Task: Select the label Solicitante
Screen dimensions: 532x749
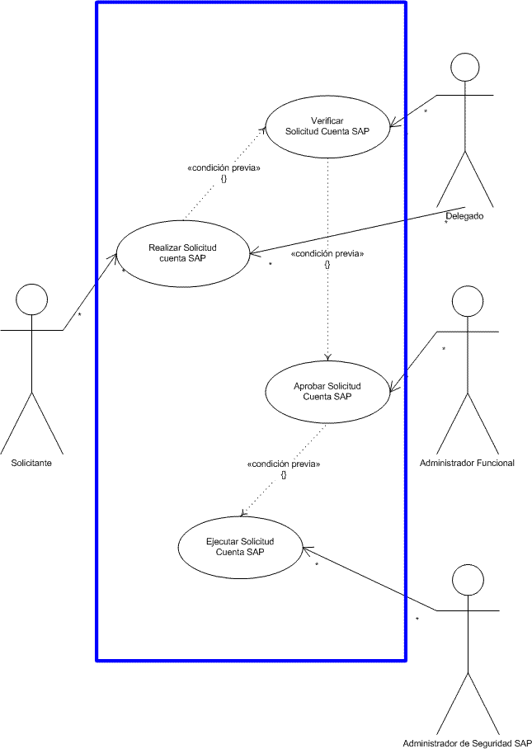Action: click(x=31, y=463)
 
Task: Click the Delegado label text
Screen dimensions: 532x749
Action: click(x=464, y=216)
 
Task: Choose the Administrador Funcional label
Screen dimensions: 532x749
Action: click(x=467, y=463)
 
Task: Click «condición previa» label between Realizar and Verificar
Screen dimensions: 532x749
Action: click(x=224, y=168)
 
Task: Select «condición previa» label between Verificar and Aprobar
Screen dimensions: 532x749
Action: click(x=327, y=254)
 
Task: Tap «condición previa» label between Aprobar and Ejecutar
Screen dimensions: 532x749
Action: click(x=284, y=464)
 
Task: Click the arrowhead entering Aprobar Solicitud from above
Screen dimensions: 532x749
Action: click(x=327, y=357)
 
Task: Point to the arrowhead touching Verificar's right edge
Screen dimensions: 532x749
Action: click(x=394, y=124)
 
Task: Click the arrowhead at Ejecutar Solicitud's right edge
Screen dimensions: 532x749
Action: click(x=308, y=550)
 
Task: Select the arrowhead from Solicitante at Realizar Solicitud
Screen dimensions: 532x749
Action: click(x=114, y=258)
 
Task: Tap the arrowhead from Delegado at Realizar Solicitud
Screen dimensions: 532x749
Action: click(x=255, y=252)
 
